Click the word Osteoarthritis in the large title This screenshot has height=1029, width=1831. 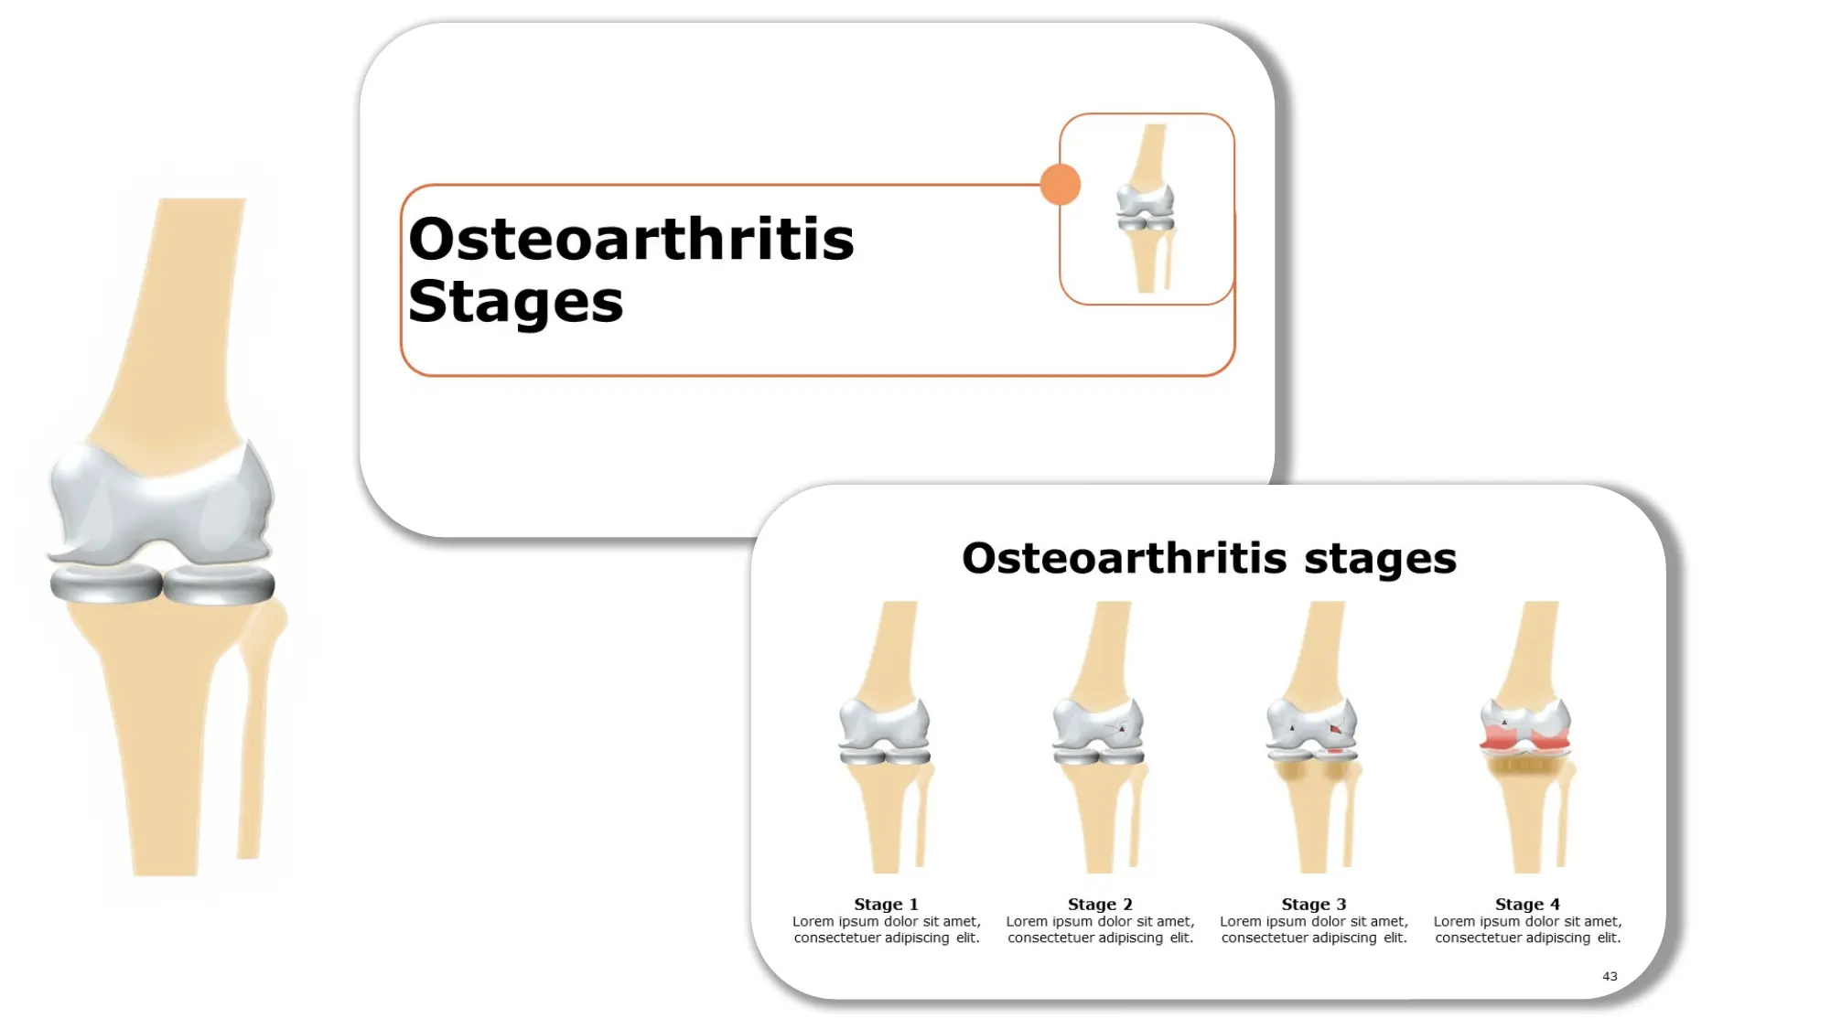tap(630, 240)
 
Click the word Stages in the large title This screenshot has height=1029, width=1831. tap(515, 302)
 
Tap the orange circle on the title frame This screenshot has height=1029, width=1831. tap(1061, 185)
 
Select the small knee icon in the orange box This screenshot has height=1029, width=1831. tap(1146, 209)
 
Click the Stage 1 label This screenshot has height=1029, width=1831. tap(886, 904)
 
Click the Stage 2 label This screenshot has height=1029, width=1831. tap(1100, 904)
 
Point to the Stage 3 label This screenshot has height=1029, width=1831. tap(1313, 904)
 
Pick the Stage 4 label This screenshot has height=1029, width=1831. tap(1527, 904)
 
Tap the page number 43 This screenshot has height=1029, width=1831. tap(1610, 976)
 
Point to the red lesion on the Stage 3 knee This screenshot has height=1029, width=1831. tap(1335, 730)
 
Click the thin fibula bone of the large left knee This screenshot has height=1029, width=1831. tap(253, 750)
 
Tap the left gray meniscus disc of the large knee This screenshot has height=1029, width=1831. tap(105, 584)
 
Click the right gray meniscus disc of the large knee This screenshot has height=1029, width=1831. tap(220, 585)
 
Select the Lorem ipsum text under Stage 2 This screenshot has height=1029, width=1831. tap(1100, 929)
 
